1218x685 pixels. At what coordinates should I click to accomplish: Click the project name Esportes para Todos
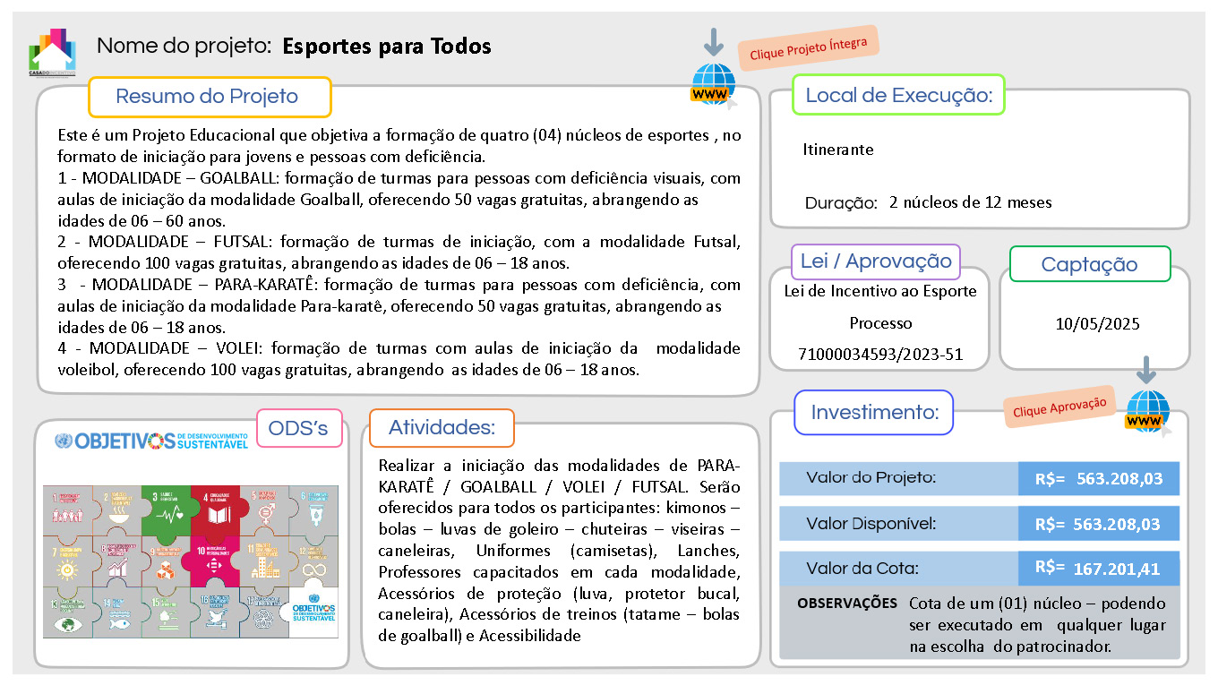pos(387,47)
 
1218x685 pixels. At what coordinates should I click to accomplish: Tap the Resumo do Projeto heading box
pos(209,97)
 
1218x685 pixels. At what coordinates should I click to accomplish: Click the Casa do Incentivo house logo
pos(52,52)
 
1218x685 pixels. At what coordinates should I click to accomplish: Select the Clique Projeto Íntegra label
pos(808,48)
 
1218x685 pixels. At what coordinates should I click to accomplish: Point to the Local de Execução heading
pos(898,95)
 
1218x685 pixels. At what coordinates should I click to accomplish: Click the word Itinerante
pos(837,150)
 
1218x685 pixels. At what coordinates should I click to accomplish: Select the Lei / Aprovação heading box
pos(875,261)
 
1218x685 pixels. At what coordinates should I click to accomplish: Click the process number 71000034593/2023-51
pos(880,355)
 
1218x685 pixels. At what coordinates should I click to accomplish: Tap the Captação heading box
pos(1089,264)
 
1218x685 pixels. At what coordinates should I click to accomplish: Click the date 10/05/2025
pos(1097,324)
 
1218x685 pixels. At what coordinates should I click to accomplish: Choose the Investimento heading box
pos(874,413)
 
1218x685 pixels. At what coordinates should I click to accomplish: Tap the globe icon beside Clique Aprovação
pos(1147,413)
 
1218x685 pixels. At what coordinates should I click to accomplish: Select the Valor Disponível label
pos(871,524)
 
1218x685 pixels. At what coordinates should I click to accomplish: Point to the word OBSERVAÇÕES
pos(846,604)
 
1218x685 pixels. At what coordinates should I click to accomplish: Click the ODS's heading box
pos(299,429)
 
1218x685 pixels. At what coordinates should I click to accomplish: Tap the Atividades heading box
pos(441,428)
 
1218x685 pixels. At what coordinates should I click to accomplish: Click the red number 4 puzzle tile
pos(214,509)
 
